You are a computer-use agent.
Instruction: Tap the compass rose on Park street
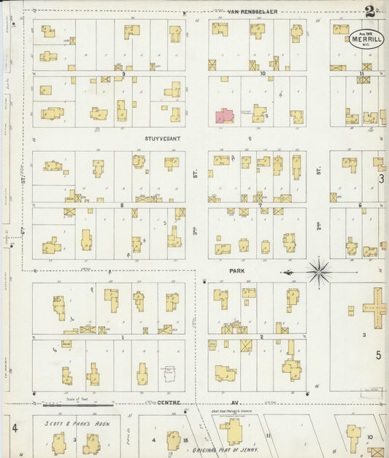(318, 272)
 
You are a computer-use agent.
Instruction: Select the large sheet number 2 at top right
(371, 12)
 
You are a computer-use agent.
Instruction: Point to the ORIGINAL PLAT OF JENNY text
(224, 452)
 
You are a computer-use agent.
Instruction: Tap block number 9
(124, 74)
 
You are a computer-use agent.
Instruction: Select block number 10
(261, 74)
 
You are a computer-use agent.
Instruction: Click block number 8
(122, 206)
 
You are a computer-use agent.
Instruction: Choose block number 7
(260, 206)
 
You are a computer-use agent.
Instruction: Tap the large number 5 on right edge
(378, 355)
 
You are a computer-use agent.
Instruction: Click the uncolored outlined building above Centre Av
(169, 374)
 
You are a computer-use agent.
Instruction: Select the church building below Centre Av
(233, 432)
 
